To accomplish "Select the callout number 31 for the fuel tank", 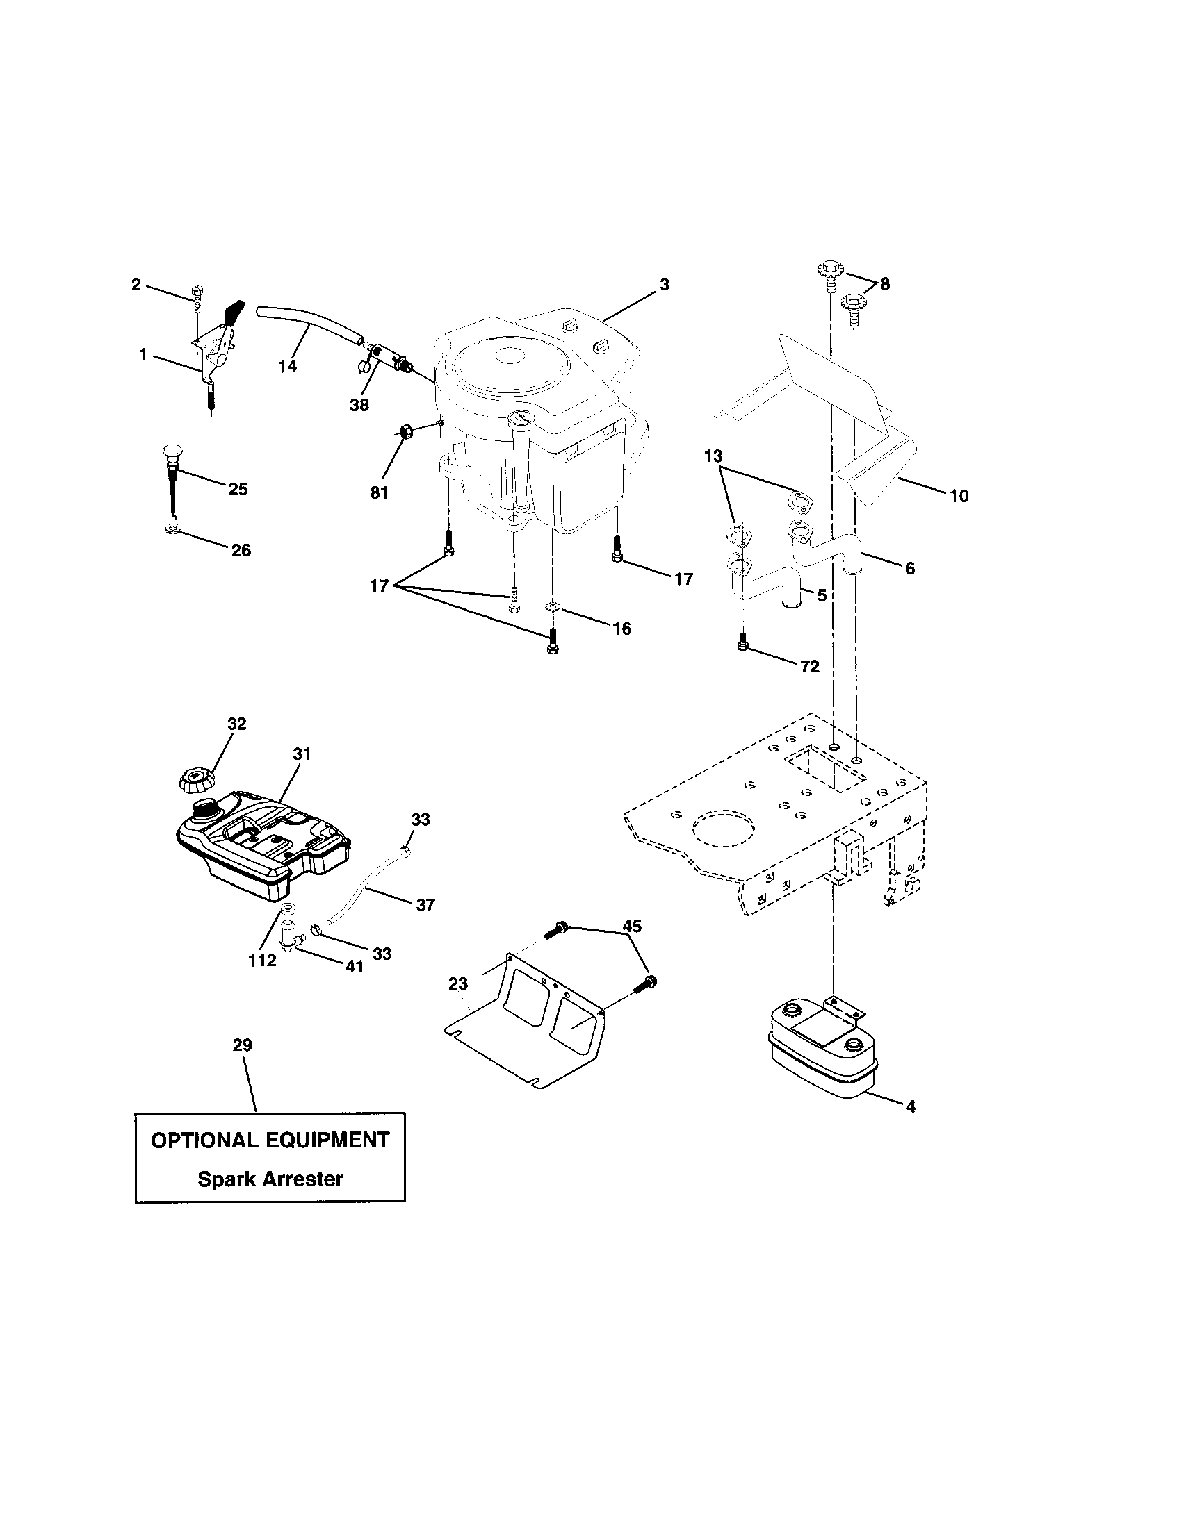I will tap(302, 754).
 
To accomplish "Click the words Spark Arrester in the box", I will tap(270, 1179).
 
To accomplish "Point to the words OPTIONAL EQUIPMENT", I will tap(270, 1140).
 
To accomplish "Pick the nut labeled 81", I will tap(404, 432).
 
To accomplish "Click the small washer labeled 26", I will tap(171, 530).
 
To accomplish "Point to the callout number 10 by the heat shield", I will tap(959, 496).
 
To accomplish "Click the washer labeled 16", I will tap(553, 605).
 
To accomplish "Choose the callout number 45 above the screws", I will tap(631, 926).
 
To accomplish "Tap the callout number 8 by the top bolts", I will tap(885, 284).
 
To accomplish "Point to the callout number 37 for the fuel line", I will tap(425, 904).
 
